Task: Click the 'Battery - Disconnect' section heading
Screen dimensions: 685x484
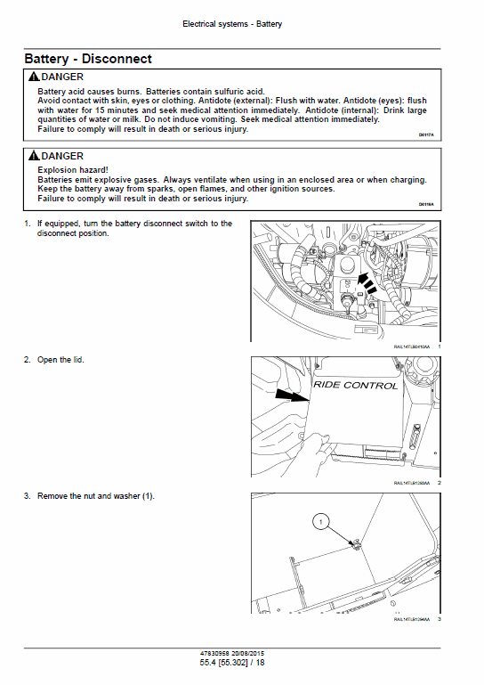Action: tap(88, 59)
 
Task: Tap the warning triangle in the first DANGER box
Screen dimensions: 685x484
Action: tap(34, 78)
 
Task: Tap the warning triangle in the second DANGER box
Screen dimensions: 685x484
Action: tap(34, 156)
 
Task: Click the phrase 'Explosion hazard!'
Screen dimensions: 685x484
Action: tap(73, 168)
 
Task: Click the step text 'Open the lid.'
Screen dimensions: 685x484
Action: tap(60, 360)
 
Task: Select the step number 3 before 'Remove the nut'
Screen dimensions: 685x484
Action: tap(27, 496)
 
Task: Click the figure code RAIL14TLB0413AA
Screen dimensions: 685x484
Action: tap(411, 346)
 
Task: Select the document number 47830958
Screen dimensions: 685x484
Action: tap(218, 653)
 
